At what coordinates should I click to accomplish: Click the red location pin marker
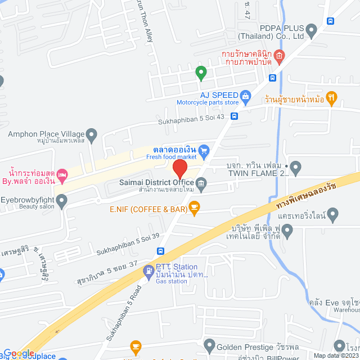pyautogui.click(x=179, y=169)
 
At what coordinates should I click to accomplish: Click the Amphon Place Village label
pyautogui.click(x=46, y=134)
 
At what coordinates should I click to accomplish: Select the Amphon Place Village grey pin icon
pyautogui.click(x=92, y=134)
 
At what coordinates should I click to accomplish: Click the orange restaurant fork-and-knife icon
pyautogui.click(x=332, y=97)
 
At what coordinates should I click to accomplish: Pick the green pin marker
pyautogui.click(x=200, y=72)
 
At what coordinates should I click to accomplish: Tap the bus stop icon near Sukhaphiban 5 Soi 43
pyautogui.click(x=233, y=116)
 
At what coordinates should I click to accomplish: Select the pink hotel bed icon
pyautogui.click(x=62, y=174)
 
